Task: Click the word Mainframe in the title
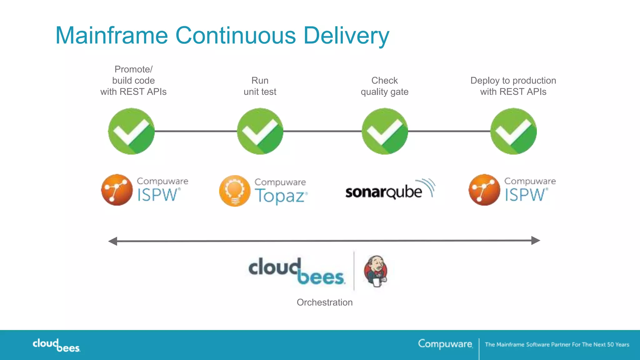(112, 35)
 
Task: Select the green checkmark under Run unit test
(260, 131)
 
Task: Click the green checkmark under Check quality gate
(385, 131)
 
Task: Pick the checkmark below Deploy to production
(513, 131)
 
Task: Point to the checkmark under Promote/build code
(131, 131)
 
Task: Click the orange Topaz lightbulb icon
(235, 191)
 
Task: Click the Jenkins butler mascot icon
(376, 271)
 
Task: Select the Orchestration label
(325, 302)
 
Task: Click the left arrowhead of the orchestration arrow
(113, 241)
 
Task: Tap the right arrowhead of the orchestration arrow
(535, 240)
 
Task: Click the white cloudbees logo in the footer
(56, 345)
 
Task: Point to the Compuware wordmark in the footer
(445, 344)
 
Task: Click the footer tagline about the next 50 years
(557, 344)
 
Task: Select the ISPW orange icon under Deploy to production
(484, 190)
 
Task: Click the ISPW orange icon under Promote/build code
(117, 190)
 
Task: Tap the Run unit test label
(260, 86)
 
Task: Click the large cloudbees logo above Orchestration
(297, 271)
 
